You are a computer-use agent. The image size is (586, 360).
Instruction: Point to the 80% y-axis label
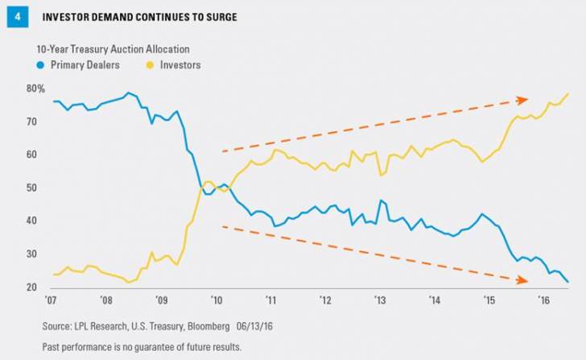[35, 89]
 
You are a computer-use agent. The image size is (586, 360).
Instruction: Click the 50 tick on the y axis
[32, 188]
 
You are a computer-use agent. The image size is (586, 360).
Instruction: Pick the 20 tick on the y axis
[32, 288]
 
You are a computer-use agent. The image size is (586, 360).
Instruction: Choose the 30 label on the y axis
[32, 254]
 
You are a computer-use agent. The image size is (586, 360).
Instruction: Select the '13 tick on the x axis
[381, 301]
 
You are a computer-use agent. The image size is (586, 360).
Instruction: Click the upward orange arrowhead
[522, 100]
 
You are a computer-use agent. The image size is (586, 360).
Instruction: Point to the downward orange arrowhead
[522, 280]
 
